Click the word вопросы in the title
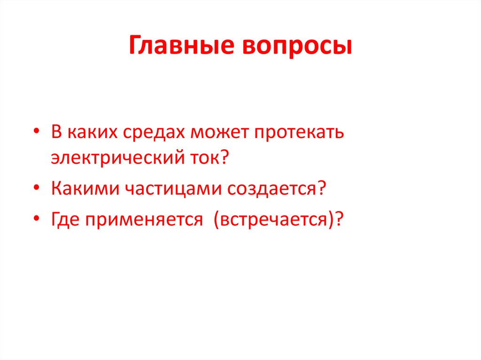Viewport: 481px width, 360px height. click(297, 47)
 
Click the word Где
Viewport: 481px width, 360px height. click(65, 219)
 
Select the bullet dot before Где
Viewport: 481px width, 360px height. click(37, 219)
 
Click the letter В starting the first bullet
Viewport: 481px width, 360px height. click(56, 132)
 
